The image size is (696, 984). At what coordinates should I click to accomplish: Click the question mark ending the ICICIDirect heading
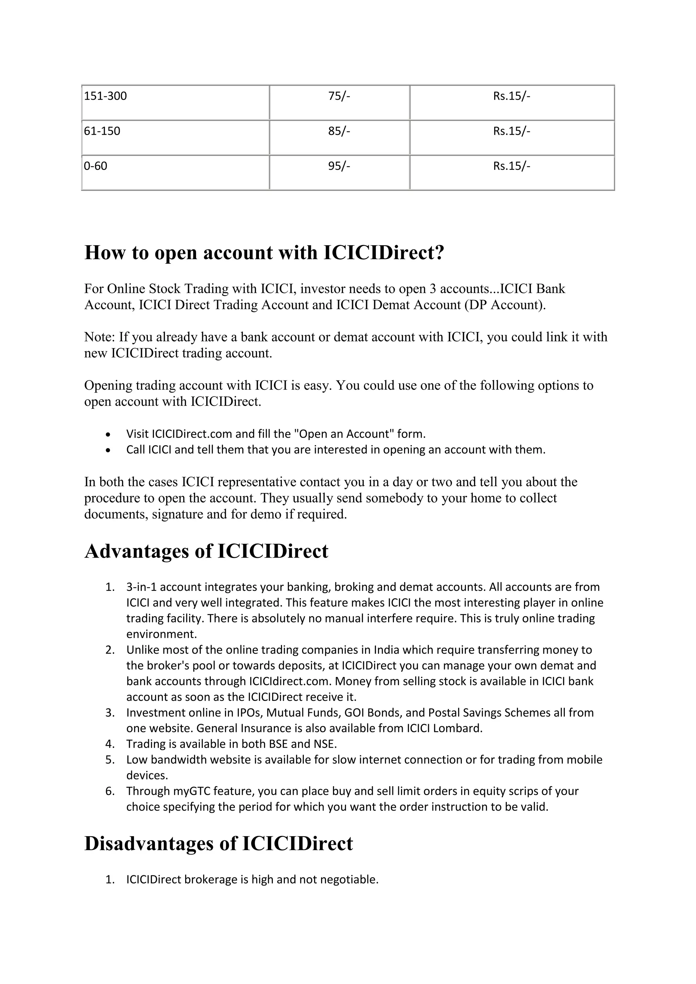coord(439,252)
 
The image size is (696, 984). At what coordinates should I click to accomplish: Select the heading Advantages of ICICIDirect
coord(206,551)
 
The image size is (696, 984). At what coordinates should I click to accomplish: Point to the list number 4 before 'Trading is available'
coord(109,744)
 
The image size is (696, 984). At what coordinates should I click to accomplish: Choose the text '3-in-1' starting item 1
coord(142,587)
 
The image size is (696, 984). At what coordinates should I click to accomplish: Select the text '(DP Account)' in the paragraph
coord(504,305)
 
